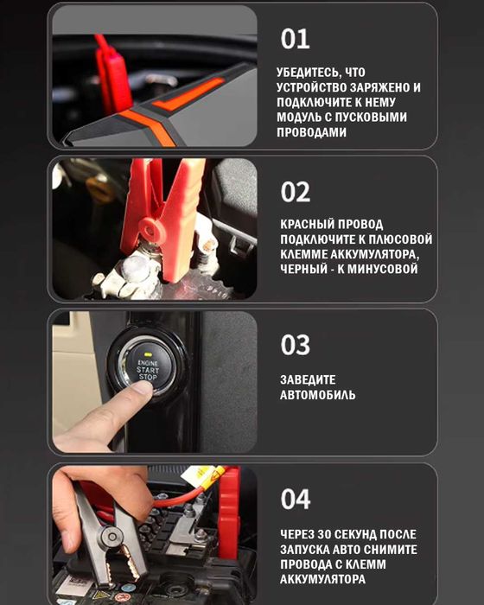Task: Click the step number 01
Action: coord(295,39)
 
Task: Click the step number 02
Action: coord(296,192)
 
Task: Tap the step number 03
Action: coord(296,345)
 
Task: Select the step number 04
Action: coord(296,499)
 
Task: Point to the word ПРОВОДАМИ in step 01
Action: coord(312,131)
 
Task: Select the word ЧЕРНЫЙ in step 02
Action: coord(304,269)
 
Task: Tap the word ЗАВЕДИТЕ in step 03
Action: coord(308,379)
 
